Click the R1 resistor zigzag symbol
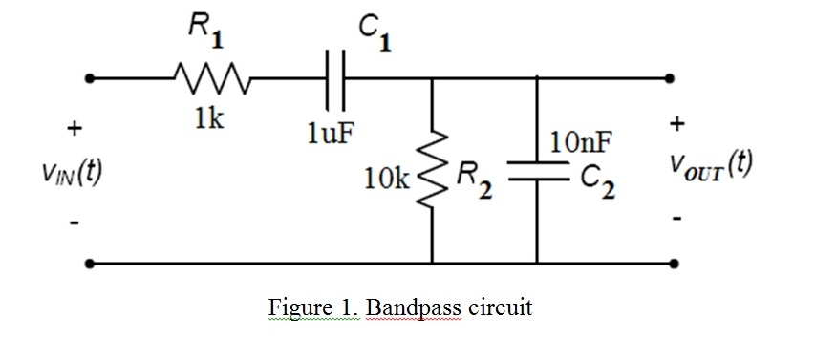pos(210,77)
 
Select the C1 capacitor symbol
pos(336,77)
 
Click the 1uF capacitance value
pos(330,132)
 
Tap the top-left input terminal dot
pos(89,78)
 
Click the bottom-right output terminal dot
pos(676,263)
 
